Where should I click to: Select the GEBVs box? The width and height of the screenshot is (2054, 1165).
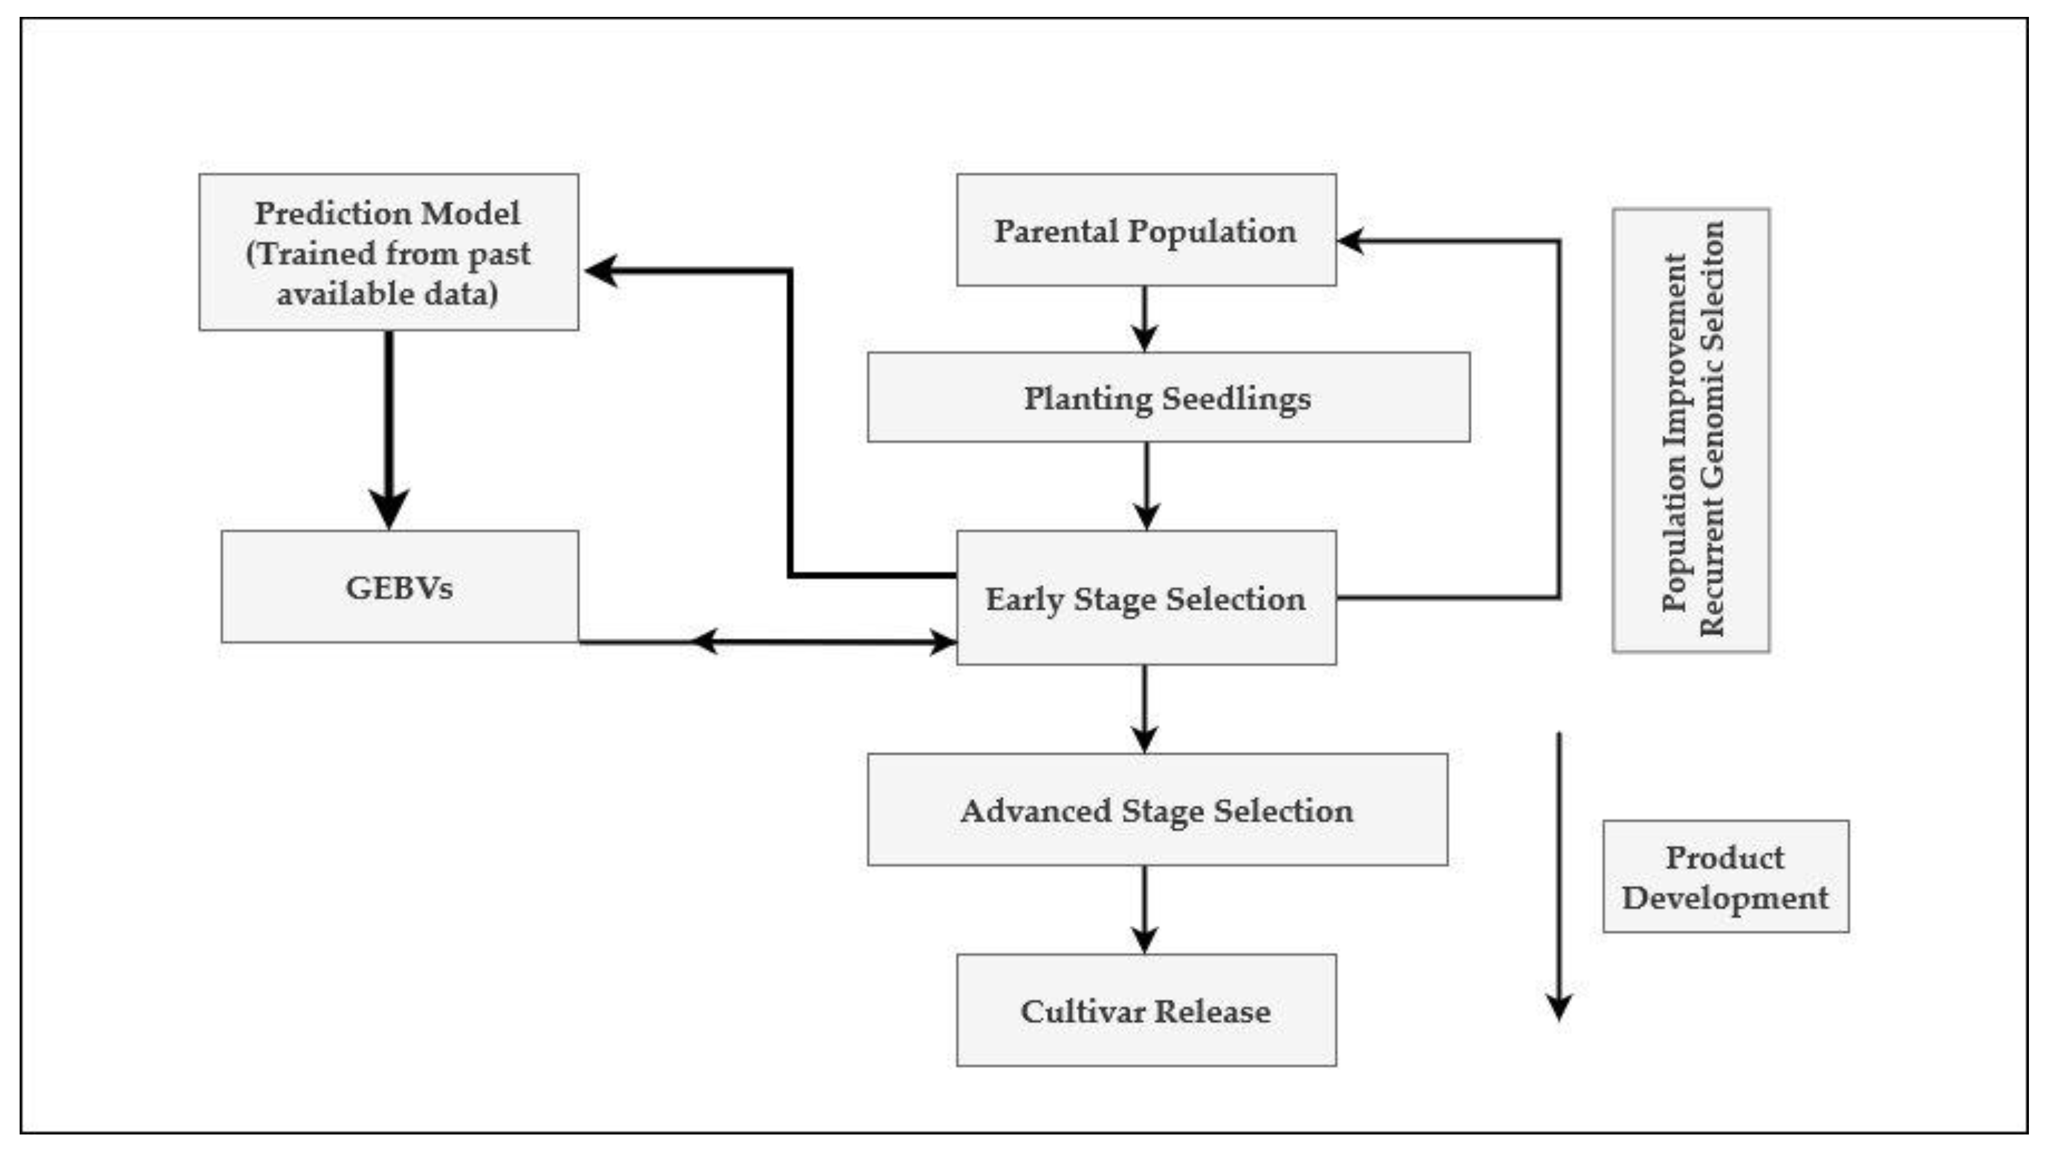pyautogui.click(x=399, y=586)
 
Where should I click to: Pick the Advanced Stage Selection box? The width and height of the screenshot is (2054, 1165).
pyautogui.click(x=1157, y=809)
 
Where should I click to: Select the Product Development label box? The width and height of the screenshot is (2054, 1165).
pyautogui.click(x=1725, y=876)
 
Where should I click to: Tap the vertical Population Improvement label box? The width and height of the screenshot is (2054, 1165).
pyautogui.click(x=1690, y=430)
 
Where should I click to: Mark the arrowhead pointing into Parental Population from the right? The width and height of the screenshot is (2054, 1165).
pyautogui.click(x=1352, y=240)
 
